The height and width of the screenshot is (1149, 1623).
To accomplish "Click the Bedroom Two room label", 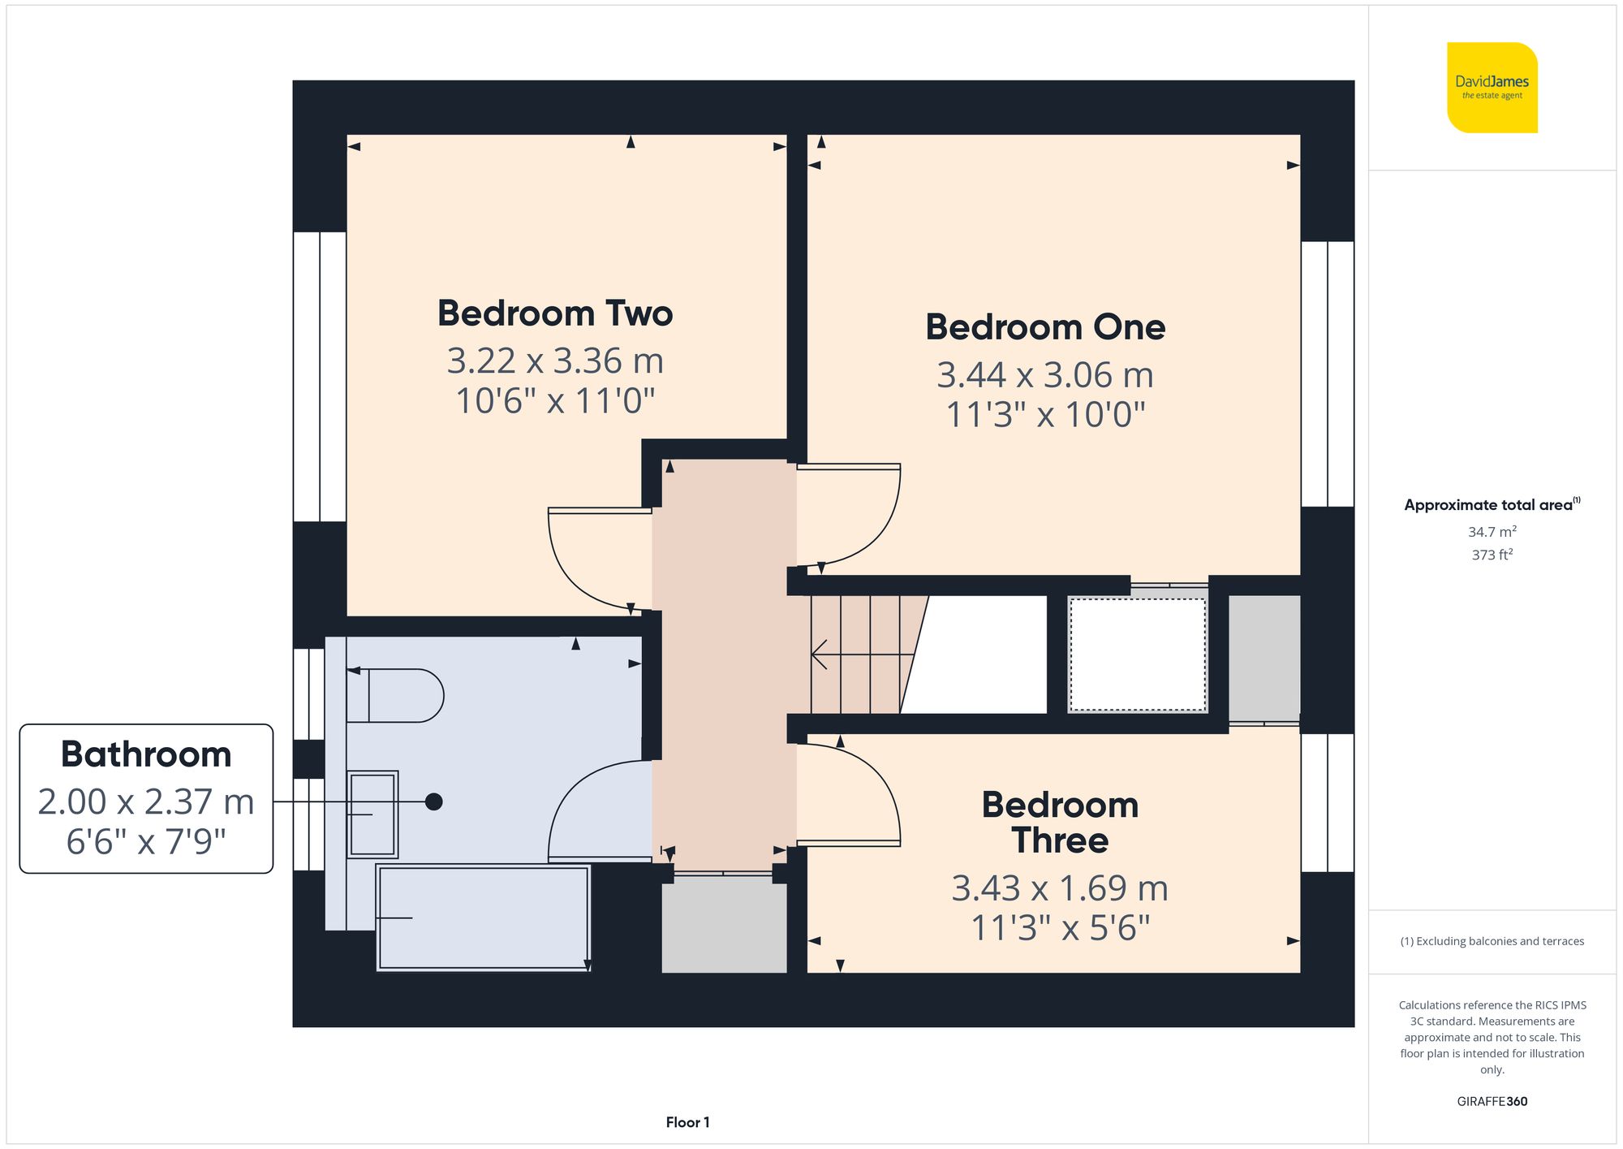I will click(x=555, y=313).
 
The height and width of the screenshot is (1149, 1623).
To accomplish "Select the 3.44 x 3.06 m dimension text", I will click(x=1044, y=375).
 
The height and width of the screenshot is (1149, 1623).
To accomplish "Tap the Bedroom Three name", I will click(x=1060, y=823).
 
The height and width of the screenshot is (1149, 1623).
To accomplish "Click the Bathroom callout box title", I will click(x=146, y=754).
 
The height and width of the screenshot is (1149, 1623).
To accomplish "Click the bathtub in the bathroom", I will click(x=484, y=918).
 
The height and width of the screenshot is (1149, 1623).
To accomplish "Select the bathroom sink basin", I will click(x=372, y=814).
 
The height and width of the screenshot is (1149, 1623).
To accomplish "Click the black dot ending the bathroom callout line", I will click(x=434, y=802).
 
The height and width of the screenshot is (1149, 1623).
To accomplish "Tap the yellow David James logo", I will click(x=1492, y=88).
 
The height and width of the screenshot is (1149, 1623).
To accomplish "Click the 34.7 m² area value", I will click(x=1492, y=532).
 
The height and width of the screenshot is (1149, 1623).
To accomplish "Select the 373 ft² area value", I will click(x=1492, y=555).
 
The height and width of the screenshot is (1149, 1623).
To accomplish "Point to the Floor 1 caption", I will click(x=687, y=1122).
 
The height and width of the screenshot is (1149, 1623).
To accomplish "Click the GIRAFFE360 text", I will click(x=1492, y=1102).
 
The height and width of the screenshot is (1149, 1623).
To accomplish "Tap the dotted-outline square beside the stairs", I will click(x=1138, y=654).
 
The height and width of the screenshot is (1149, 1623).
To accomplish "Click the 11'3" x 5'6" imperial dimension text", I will click(x=1060, y=928).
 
